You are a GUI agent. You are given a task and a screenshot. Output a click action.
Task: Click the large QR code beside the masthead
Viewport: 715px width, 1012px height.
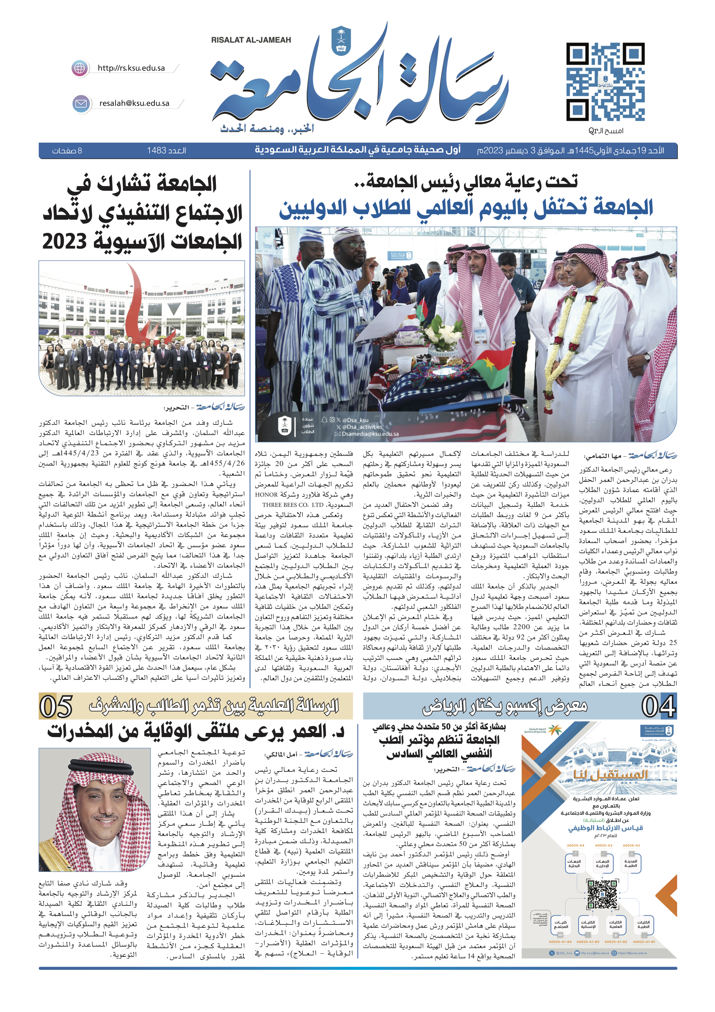tap(605, 82)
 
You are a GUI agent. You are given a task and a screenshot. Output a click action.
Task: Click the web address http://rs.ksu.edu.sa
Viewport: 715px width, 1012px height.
tap(131, 68)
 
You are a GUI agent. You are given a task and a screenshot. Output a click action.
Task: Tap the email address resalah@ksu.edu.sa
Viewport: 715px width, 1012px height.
tap(134, 103)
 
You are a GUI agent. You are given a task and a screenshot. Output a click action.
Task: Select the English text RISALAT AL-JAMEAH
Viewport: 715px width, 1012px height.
tap(251, 40)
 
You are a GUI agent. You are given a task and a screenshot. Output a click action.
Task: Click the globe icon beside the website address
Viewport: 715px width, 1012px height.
tap(80, 68)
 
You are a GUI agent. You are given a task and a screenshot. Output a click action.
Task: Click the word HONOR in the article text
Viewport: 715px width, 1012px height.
tap(267, 495)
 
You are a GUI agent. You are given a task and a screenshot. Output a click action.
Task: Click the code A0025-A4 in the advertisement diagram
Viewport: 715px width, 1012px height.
tap(575, 846)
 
